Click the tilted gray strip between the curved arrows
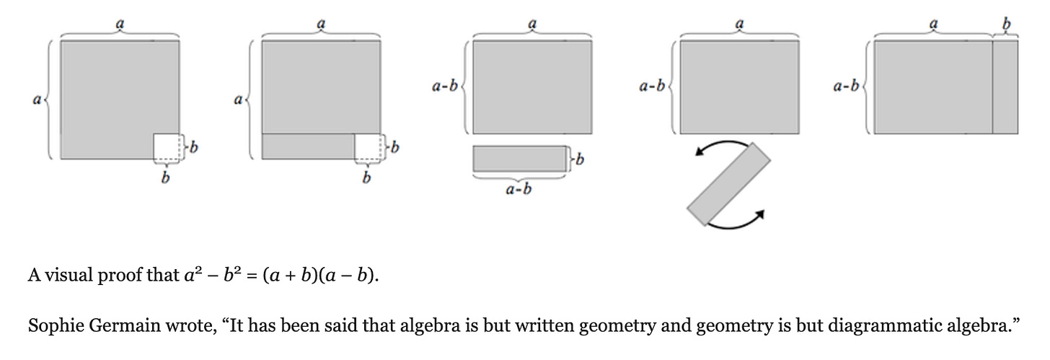coord(729,185)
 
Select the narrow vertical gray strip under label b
coord(1005,87)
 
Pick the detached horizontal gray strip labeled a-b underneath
coord(519,159)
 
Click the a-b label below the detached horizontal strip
coord(520,191)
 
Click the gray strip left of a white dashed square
coord(308,146)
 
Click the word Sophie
coord(53,326)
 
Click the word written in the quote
coord(524,326)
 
